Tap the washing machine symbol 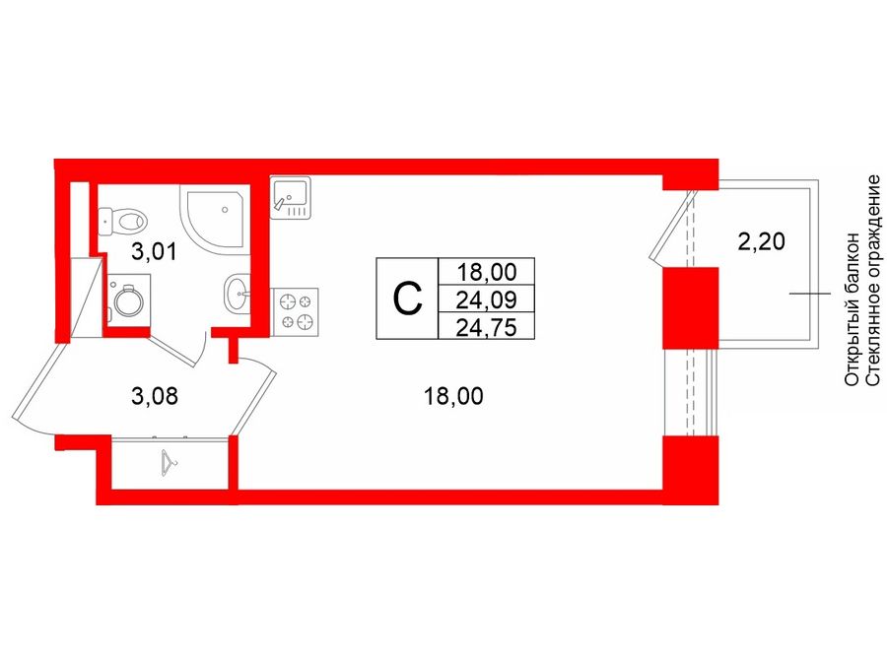tap(128, 299)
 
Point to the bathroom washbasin tap(237, 294)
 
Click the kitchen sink tap(290, 197)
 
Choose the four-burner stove tap(295, 311)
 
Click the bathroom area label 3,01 tap(154, 251)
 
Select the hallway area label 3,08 tap(155, 396)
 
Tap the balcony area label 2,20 tap(762, 242)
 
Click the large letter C tap(407, 299)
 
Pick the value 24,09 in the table tap(486, 299)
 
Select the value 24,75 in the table tap(486, 327)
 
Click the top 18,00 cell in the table tap(487, 273)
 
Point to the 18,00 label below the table tap(453, 396)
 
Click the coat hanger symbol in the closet tap(169, 462)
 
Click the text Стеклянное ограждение tap(873, 281)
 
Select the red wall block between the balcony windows tap(690, 308)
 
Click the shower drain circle tap(225, 209)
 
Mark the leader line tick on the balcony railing tap(810, 294)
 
